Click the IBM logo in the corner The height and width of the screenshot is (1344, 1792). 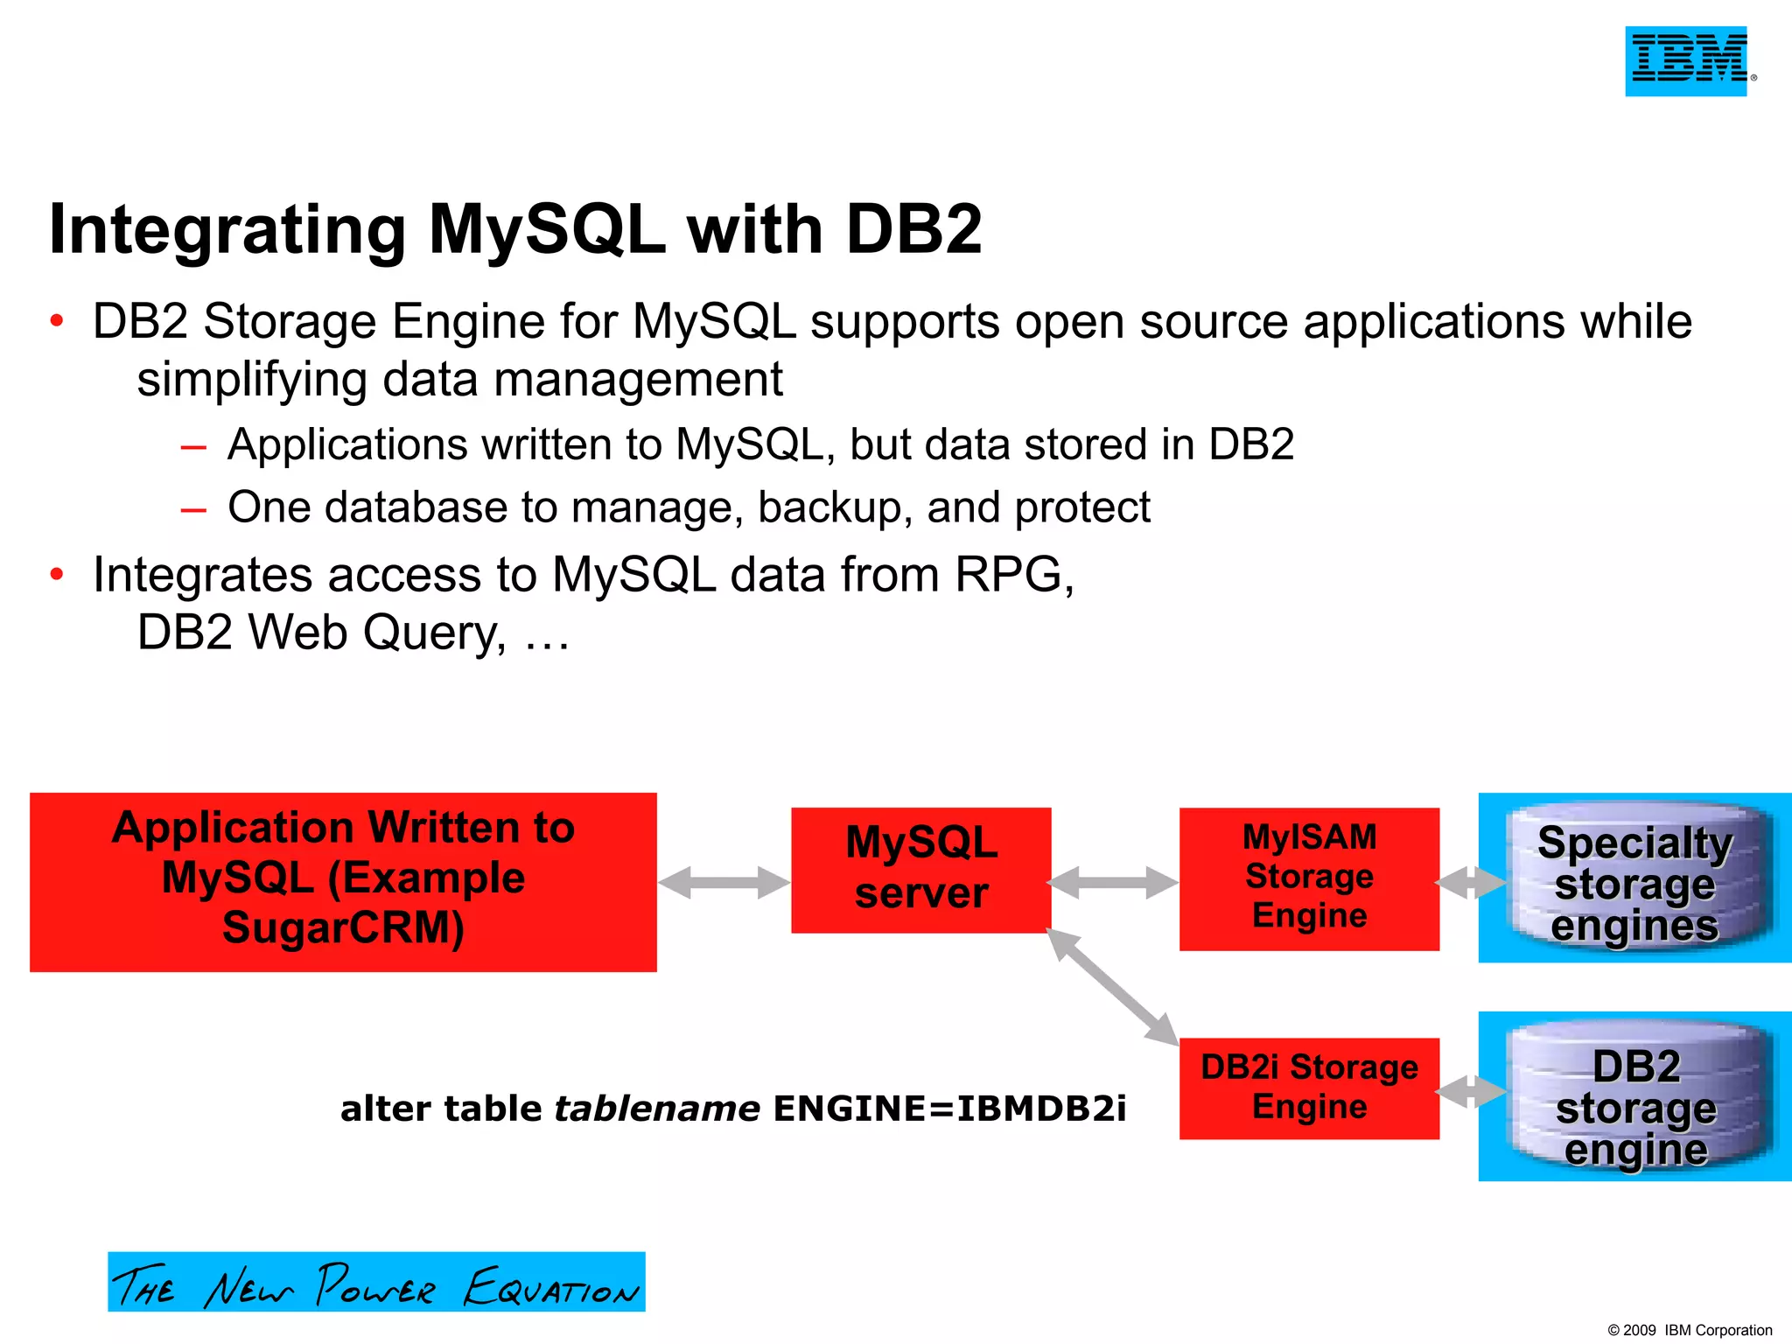1686,60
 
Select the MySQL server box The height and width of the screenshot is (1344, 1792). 920,870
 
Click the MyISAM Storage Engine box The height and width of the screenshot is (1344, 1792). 1309,878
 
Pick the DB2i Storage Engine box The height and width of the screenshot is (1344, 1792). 1309,1088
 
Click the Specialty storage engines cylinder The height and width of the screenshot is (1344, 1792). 1634,878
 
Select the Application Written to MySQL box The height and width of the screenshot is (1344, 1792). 343,881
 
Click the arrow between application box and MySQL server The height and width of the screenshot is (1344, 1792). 724,882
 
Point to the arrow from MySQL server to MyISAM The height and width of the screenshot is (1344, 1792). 1114,882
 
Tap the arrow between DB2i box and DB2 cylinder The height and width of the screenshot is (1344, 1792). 1470,1091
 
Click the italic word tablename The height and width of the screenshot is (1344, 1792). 657,1109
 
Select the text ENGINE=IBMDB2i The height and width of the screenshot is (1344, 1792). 949,1109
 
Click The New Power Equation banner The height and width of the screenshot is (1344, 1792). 376,1282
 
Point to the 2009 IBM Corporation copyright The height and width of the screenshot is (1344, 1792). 1689,1330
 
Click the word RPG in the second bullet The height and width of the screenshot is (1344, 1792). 1007,575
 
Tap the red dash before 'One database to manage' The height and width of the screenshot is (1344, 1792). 193,509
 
